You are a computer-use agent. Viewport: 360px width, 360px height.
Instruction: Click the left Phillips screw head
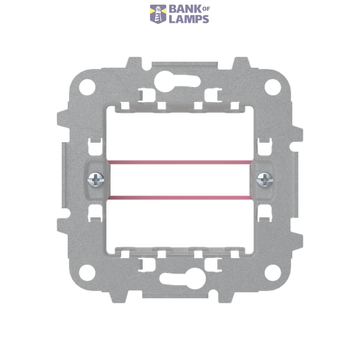click(x=96, y=180)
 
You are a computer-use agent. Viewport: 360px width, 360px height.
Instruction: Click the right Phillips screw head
click(x=265, y=180)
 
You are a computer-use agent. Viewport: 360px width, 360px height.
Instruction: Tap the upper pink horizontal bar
click(x=180, y=163)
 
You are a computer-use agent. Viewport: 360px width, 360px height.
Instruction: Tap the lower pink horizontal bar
click(x=180, y=197)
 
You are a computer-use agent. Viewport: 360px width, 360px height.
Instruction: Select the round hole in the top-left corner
click(x=87, y=87)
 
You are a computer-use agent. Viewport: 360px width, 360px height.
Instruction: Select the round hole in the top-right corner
click(x=273, y=87)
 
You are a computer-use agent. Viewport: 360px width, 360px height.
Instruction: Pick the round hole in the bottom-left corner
click(x=87, y=273)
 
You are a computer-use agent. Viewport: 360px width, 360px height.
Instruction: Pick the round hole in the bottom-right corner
click(x=273, y=273)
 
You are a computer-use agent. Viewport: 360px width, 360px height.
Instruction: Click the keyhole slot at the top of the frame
click(x=175, y=82)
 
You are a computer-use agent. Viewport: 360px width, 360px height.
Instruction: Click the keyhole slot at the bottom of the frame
click(x=185, y=278)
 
